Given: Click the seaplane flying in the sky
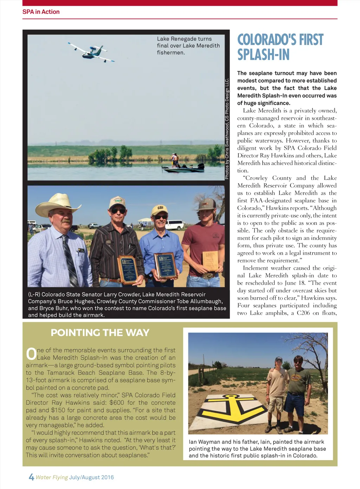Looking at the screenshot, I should [x=92, y=52].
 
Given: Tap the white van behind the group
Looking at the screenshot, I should [x=174, y=225].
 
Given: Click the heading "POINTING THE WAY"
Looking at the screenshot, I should [x=100, y=333].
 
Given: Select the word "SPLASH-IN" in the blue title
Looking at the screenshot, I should [x=263, y=55].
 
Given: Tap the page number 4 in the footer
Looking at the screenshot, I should [x=31, y=477].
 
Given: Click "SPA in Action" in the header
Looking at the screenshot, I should [x=41, y=12].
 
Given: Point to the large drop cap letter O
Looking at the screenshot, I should [x=31, y=354].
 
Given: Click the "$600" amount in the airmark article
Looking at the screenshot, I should [x=117, y=403].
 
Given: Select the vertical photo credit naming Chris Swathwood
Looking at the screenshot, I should [x=227, y=129].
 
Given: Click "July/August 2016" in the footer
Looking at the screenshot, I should [x=91, y=477].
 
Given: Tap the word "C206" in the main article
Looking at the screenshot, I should [x=303, y=313].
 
